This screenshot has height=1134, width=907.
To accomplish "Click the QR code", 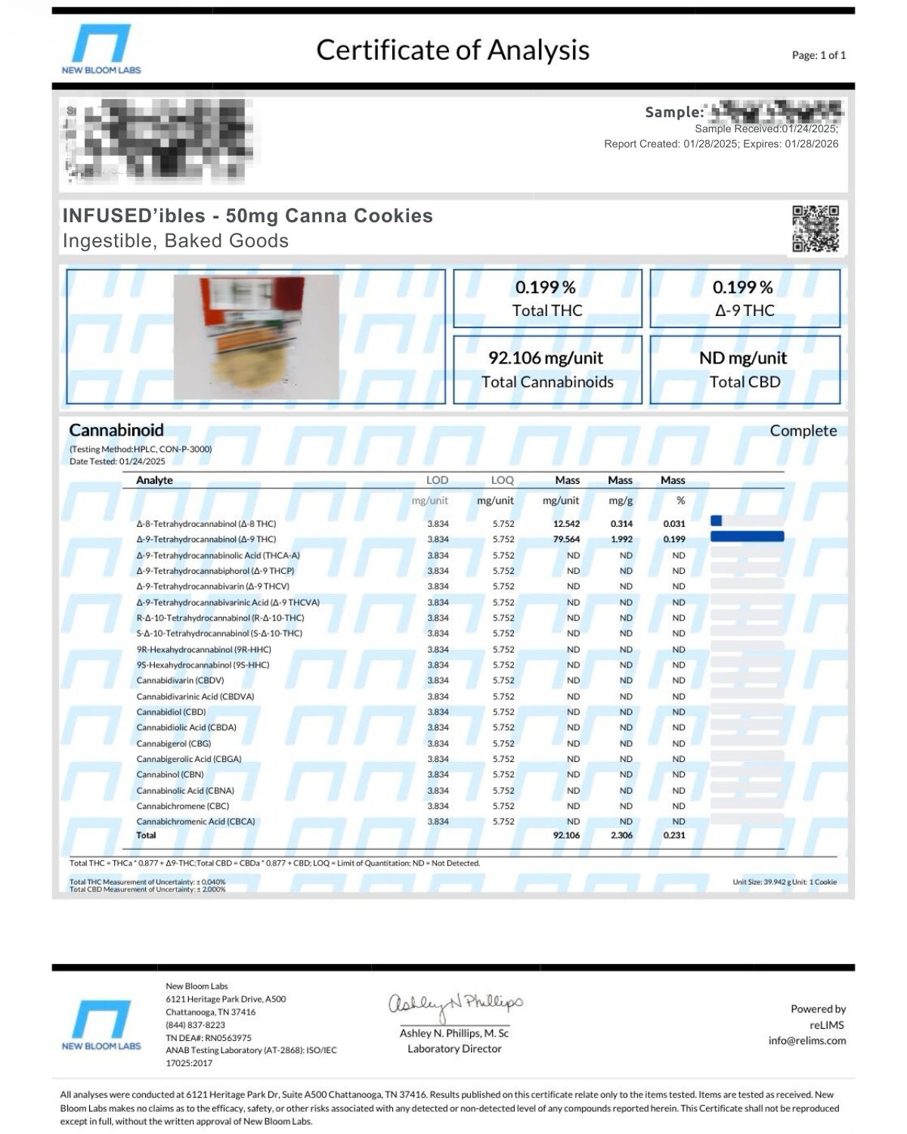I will click(x=816, y=228).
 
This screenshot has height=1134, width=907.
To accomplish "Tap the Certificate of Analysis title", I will click(x=453, y=50).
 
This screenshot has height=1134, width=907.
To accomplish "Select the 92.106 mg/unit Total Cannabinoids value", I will click(x=546, y=358).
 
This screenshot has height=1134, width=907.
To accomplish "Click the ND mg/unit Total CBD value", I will click(x=743, y=358).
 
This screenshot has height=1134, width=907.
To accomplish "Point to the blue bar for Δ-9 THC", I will click(x=747, y=537).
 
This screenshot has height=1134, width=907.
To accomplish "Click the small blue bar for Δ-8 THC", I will click(x=717, y=521).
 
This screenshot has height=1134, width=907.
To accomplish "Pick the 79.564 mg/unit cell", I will click(x=566, y=540).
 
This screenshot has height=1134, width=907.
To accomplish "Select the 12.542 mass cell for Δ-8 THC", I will click(x=566, y=524).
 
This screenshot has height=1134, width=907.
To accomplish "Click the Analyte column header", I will click(x=154, y=480).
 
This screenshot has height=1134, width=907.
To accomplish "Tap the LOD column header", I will click(x=437, y=480).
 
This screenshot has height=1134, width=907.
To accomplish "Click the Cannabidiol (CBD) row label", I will click(x=171, y=712).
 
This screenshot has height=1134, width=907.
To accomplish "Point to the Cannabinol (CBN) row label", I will click(x=170, y=775).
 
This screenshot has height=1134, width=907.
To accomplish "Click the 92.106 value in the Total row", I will click(x=566, y=835).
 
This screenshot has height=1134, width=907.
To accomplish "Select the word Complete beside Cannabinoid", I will click(x=803, y=431).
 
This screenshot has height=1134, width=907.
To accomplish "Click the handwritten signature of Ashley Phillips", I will click(x=455, y=1004).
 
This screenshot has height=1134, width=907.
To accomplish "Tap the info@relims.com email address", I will click(x=806, y=1041).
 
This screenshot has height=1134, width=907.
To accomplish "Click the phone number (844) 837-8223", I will click(x=195, y=1025).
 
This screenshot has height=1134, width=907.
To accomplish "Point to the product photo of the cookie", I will click(x=256, y=336).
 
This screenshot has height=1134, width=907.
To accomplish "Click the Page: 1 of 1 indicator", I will click(x=819, y=55).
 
